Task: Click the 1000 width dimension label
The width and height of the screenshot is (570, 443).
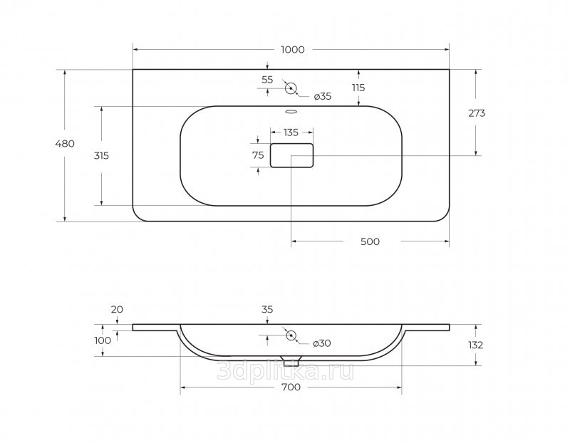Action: [293, 49]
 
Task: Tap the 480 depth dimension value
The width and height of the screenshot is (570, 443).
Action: [65, 144]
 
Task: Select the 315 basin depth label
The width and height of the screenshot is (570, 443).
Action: [101, 155]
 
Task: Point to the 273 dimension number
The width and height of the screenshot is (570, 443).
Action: [477, 113]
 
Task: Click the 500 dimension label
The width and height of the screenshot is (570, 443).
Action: [370, 241]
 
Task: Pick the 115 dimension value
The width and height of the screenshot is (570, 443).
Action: [358, 88]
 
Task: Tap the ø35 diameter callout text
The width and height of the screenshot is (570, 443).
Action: [323, 96]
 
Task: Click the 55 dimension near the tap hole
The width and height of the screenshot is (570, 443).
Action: [267, 80]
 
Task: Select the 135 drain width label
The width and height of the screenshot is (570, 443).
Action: [291, 132]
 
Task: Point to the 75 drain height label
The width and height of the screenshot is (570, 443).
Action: [258, 155]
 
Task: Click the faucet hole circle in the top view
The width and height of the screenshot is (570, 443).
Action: [291, 88]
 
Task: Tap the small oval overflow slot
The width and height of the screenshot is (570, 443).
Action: [291, 112]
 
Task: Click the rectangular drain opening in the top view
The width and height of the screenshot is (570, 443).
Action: [291, 155]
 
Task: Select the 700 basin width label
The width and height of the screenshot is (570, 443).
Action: [291, 387]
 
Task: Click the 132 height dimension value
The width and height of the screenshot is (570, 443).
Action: [475, 345]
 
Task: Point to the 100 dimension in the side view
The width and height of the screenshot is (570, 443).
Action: [103, 340]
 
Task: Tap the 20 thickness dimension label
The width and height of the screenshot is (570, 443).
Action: [117, 310]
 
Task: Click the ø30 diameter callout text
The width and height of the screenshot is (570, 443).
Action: [322, 343]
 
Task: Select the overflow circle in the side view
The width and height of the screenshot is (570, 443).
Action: [291, 335]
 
